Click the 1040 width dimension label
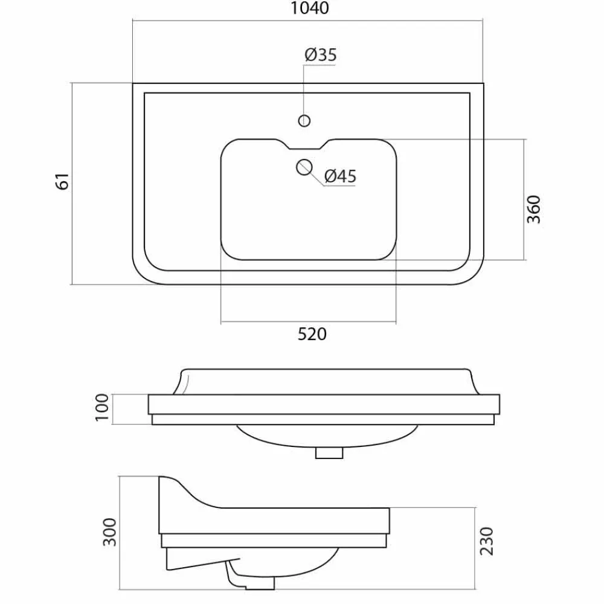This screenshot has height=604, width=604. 310,8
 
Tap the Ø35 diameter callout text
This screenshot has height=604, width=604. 321,55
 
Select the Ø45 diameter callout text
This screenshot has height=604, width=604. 340,176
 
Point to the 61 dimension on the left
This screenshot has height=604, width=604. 63,181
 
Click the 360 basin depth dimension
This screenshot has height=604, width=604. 534,209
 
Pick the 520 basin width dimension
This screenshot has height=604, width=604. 312,334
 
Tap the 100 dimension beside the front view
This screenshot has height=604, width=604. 102,408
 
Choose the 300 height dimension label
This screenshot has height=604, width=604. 109,532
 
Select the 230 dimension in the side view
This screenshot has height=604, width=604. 486,541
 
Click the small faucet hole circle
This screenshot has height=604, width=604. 304,121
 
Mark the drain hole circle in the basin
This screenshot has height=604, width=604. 304,167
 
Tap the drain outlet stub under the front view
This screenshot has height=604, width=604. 329,452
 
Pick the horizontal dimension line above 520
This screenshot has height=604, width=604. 308,321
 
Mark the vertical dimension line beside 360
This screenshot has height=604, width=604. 524,199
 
